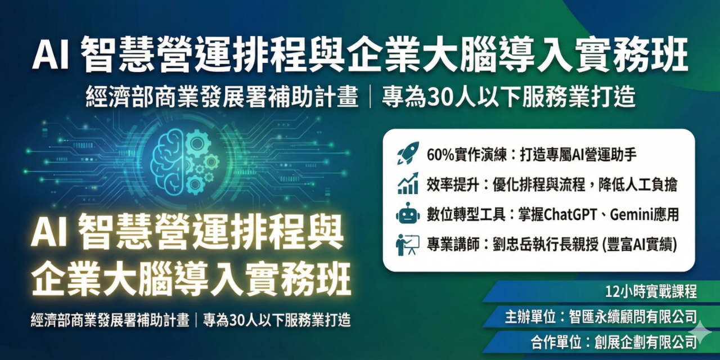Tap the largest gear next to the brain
click(x=197, y=143)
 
